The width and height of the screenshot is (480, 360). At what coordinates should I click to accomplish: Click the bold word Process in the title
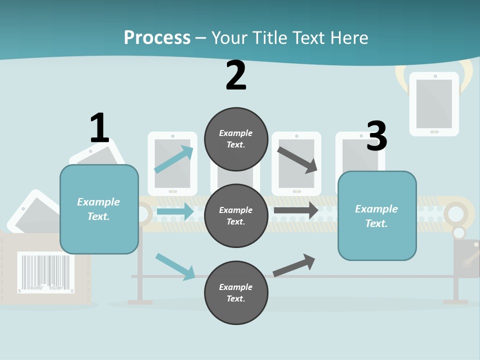(157, 38)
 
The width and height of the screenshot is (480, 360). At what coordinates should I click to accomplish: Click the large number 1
(99, 128)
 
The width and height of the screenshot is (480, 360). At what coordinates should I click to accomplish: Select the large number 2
(236, 75)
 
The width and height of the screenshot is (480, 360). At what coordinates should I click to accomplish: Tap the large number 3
(376, 136)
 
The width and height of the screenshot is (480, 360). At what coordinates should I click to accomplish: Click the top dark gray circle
(236, 139)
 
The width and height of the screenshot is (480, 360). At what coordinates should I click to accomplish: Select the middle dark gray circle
(236, 215)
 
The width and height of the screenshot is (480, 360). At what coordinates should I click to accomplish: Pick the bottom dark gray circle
(236, 292)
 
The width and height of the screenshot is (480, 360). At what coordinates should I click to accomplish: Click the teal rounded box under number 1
(99, 209)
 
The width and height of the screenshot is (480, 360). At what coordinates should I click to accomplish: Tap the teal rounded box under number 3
(377, 216)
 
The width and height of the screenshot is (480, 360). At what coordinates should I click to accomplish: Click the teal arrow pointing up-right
(174, 159)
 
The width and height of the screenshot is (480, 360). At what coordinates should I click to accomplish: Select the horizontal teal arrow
(175, 211)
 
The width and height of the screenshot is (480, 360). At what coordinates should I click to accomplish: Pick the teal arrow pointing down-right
(175, 266)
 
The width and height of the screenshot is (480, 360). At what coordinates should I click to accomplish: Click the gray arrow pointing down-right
(297, 159)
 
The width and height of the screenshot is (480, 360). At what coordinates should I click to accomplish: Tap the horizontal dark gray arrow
(295, 210)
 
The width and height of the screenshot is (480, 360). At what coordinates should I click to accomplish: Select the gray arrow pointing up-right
(294, 265)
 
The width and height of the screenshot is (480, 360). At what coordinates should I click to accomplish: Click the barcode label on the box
(46, 272)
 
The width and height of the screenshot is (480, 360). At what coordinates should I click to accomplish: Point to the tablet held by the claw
(434, 104)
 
